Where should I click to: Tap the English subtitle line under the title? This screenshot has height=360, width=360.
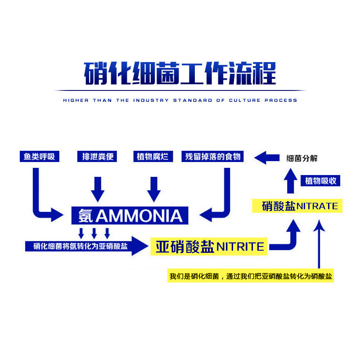click(x=180, y=100)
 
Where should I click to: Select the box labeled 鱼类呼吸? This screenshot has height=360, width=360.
click(x=40, y=157)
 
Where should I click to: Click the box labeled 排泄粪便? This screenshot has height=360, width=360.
click(x=97, y=157)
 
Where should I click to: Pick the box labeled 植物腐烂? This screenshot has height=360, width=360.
click(x=153, y=157)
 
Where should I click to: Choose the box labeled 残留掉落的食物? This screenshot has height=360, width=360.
click(x=213, y=157)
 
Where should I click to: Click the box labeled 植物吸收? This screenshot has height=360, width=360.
click(x=321, y=181)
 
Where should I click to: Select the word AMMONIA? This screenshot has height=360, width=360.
click(x=139, y=216)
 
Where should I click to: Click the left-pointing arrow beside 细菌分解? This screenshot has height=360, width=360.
click(x=267, y=157)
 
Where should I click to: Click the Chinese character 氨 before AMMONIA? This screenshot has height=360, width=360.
click(x=85, y=216)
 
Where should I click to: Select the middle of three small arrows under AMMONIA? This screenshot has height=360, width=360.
click(x=94, y=233)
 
